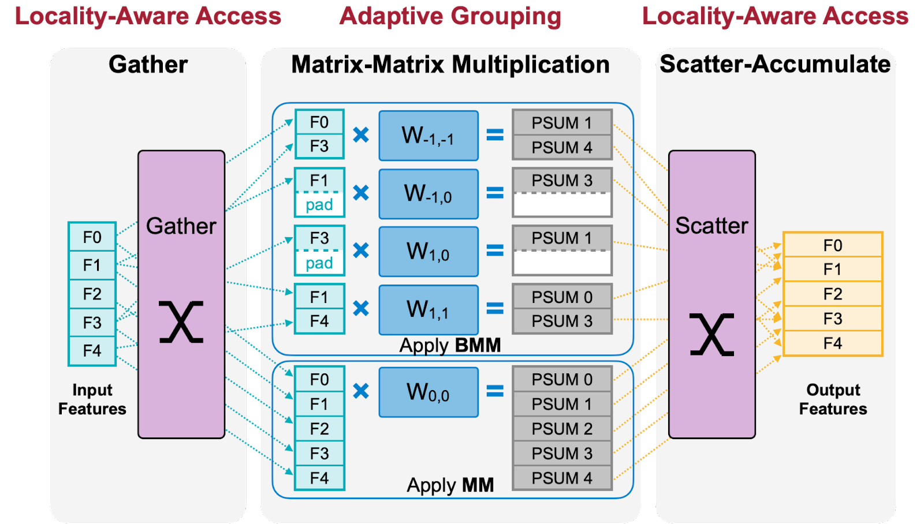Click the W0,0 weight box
point(428,392)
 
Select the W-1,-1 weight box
point(428,136)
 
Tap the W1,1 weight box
point(428,309)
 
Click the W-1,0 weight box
point(428,193)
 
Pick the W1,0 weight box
point(428,252)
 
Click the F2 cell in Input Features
point(92,294)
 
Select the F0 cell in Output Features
point(832,245)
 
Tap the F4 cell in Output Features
point(832,343)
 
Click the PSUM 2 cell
point(562,429)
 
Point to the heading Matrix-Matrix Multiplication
point(450,65)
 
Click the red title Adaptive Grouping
point(450,16)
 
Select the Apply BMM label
point(450,345)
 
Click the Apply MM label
point(450,485)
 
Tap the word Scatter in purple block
point(711,226)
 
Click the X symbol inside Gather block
point(181,322)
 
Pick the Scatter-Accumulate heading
point(775,64)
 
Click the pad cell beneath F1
point(319,205)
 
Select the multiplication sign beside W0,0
point(361,391)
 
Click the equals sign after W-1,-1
point(495,135)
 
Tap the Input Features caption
point(92,399)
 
